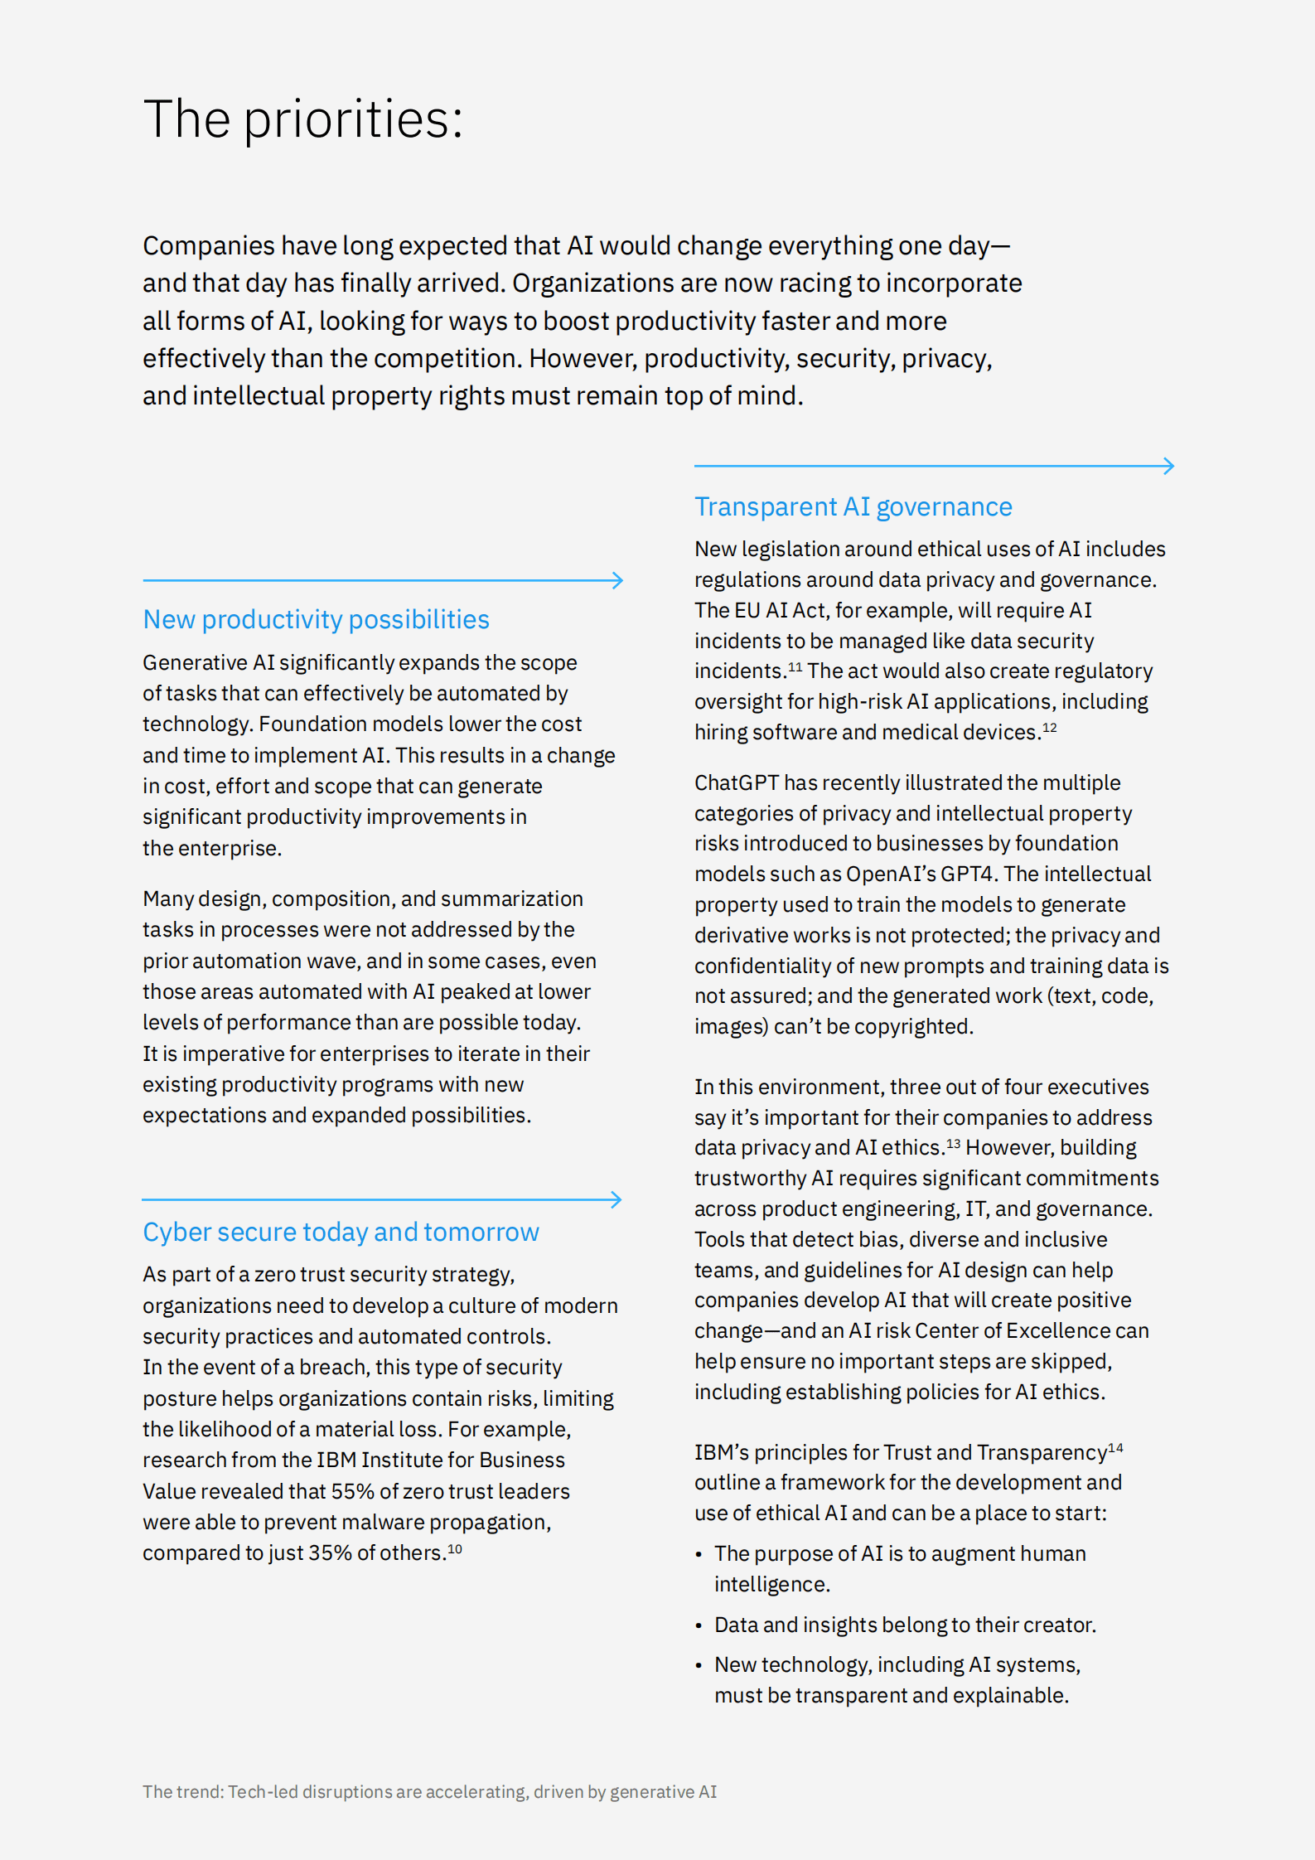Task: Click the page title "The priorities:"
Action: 302,119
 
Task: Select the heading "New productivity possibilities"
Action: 316,620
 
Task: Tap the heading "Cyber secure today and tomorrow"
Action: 341,1233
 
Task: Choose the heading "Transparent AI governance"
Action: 853,506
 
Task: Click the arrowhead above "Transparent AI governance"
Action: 1169,466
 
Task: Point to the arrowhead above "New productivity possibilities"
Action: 617,580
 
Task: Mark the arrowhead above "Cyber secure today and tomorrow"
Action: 616,1199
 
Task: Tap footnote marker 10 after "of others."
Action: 455,1548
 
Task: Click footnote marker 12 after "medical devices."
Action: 1049,728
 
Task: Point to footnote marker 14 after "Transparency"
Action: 1115,1448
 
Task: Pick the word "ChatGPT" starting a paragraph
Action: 736,783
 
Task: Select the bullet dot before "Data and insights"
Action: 699,1626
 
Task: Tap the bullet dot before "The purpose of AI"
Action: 699,1555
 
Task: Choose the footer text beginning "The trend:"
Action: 429,1792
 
